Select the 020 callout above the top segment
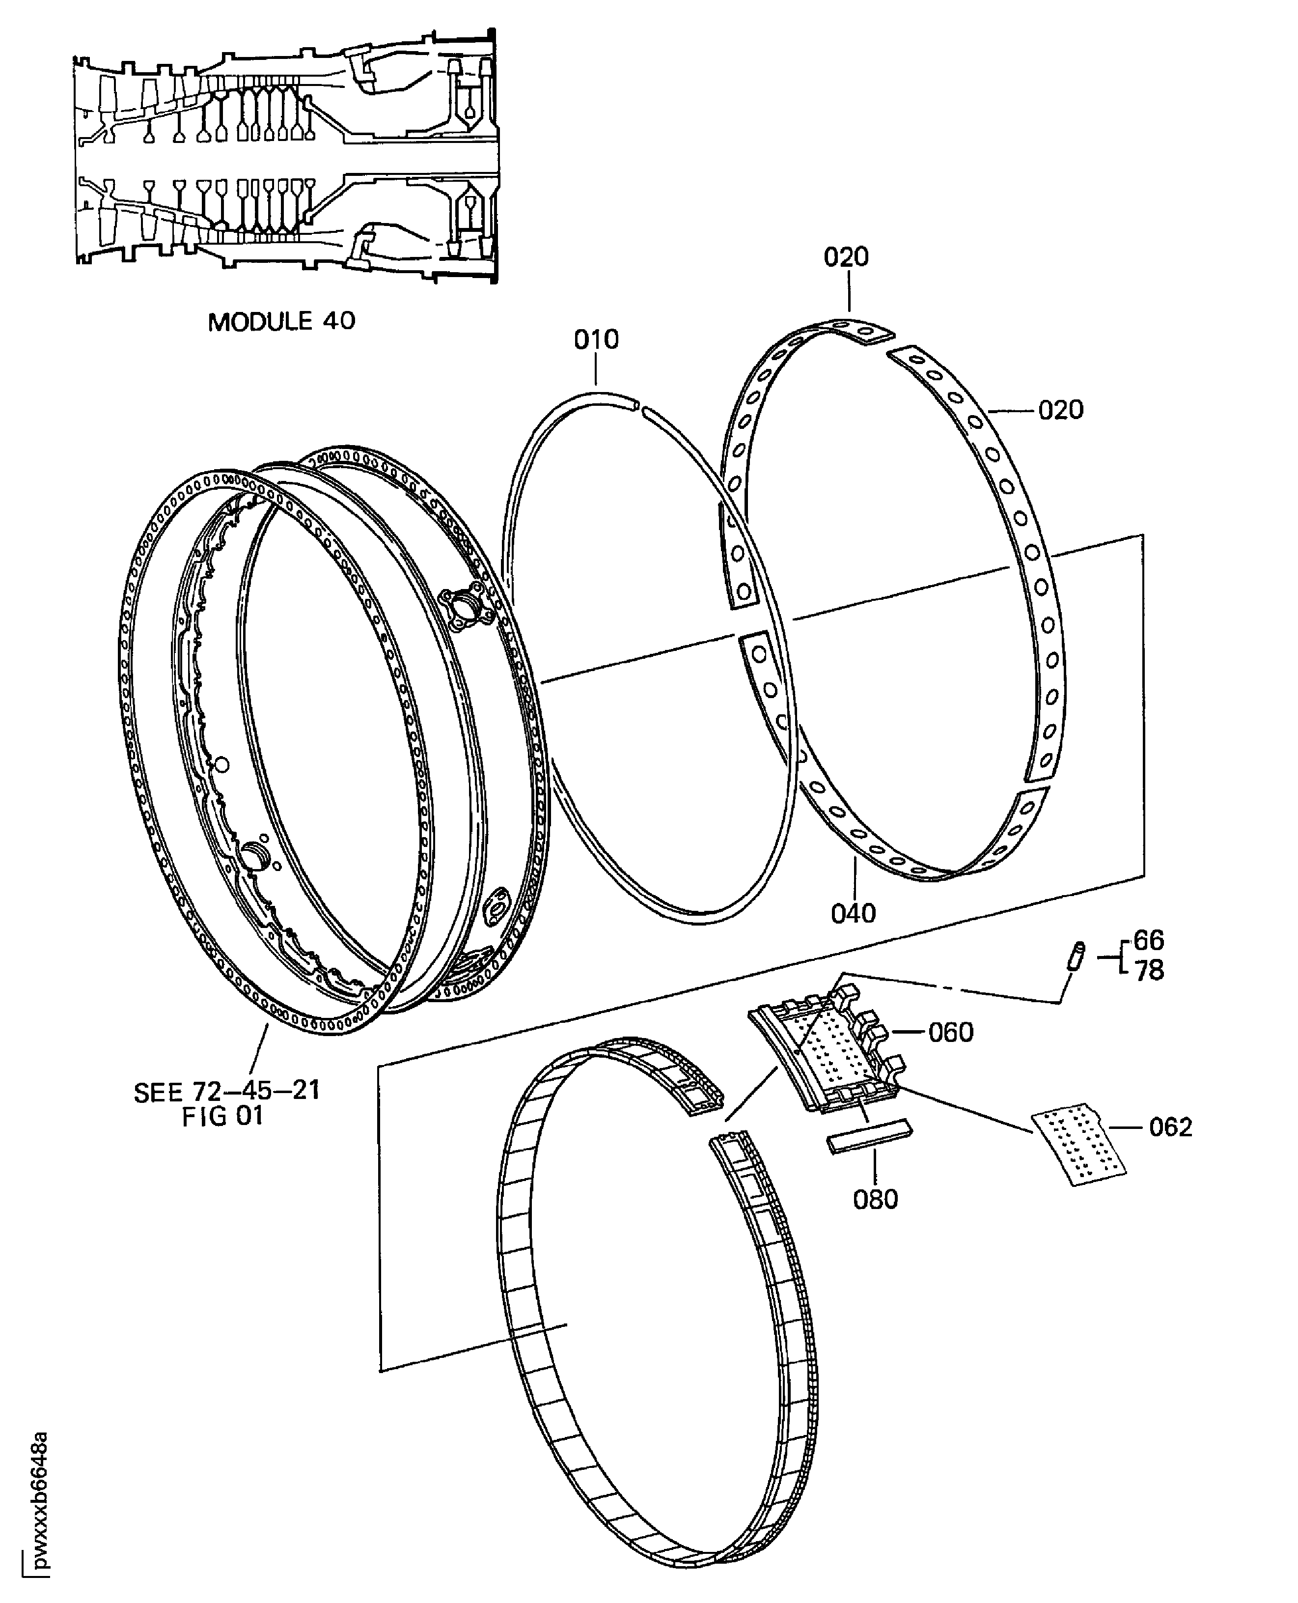[846, 257]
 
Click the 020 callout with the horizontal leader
[1060, 410]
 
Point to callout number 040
[853, 913]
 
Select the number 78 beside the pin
[1149, 971]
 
